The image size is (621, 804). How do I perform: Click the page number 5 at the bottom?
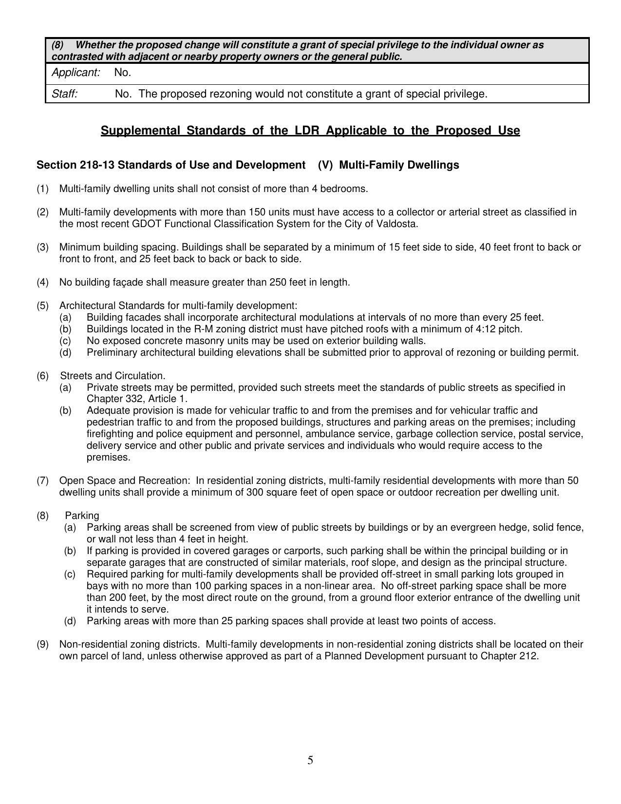(x=310, y=760)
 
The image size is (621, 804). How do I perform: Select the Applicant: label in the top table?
(x=75, y=73)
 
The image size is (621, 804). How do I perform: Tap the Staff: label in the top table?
(x=65, y=94)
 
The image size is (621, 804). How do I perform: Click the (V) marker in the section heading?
(x=325, y=165)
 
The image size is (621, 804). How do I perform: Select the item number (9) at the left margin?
(x=42, y=644)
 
